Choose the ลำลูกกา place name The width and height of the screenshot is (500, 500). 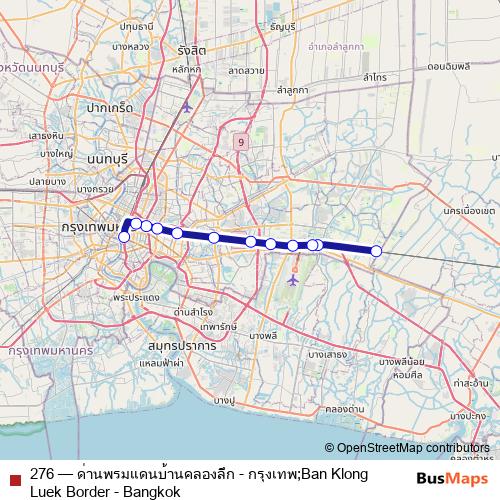coord(292,90)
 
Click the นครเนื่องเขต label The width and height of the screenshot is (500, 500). coord(464,212)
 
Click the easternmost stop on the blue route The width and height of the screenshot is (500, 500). coord(377,251)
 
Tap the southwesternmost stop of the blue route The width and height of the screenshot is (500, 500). coord(124,237)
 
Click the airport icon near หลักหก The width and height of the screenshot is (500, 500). coord(186,107)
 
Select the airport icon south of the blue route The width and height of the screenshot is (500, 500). coord(292,280)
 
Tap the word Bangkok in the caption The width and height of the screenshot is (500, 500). coord(149,492)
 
